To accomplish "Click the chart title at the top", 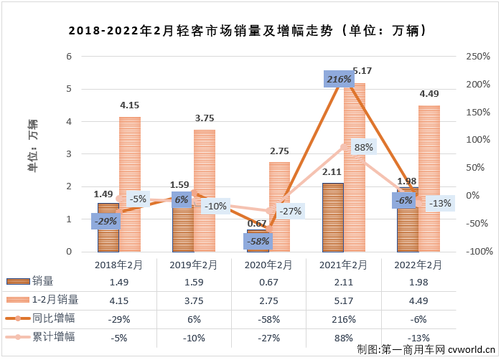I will click(248, 31).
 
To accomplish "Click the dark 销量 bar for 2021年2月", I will click(332, 217).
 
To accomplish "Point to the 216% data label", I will click(338, 78).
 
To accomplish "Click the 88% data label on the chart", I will click(364, 147).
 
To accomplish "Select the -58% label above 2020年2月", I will click(258, 241).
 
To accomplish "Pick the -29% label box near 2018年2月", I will click(106, 221).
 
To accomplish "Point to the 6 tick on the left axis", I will click(69, 56).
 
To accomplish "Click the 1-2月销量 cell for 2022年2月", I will click(418, 300).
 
